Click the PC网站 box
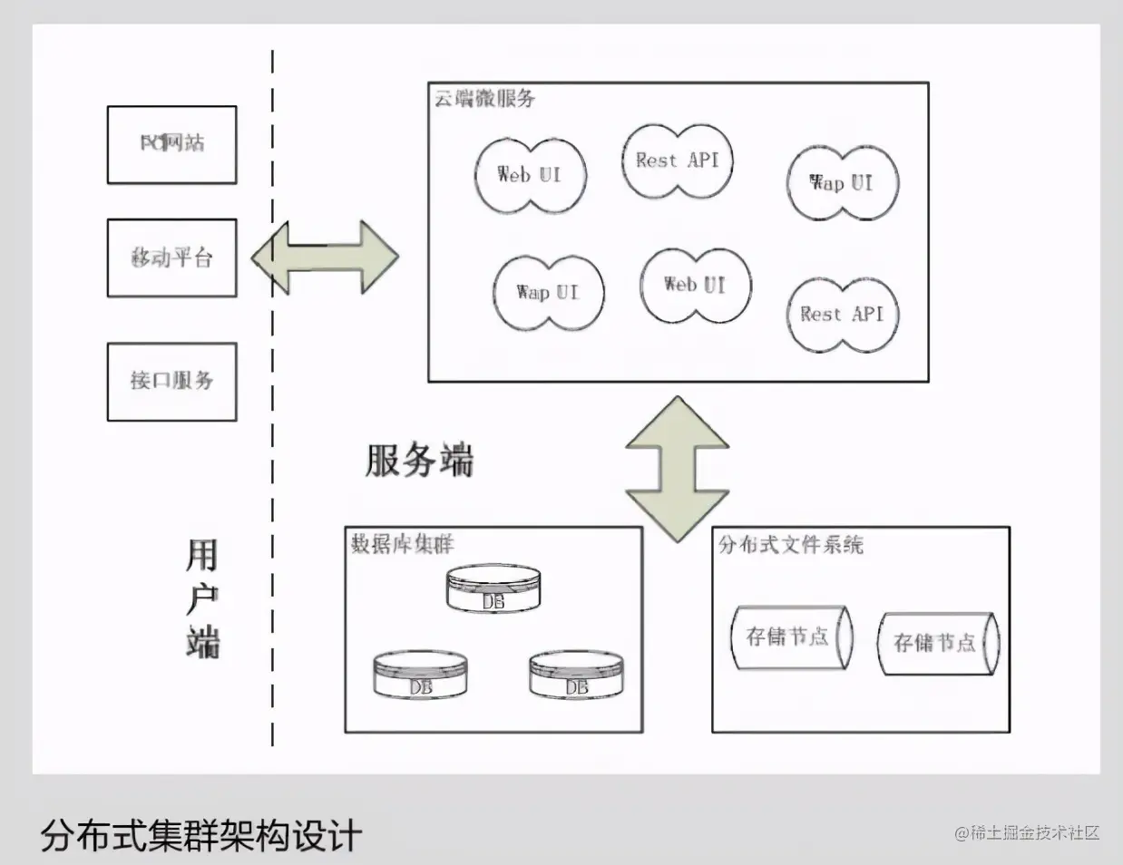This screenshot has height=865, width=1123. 171,144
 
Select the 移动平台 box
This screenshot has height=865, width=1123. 171,258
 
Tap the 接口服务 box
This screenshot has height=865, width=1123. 171,381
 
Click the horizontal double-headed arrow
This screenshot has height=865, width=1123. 325,257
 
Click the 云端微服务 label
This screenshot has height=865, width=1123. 484,98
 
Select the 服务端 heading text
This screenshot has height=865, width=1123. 419,461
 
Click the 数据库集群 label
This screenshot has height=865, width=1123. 403,544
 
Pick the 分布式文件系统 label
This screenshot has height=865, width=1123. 791,545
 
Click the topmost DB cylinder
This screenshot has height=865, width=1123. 493,589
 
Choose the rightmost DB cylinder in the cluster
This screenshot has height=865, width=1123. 576,675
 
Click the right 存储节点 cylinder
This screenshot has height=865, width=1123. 938,643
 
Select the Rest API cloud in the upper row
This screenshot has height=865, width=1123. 677,160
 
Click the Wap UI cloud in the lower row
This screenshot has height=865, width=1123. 548,292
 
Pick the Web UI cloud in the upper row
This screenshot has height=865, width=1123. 530,174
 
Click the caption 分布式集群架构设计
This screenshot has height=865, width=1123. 201,835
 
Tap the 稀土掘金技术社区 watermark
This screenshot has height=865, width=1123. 1027,832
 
